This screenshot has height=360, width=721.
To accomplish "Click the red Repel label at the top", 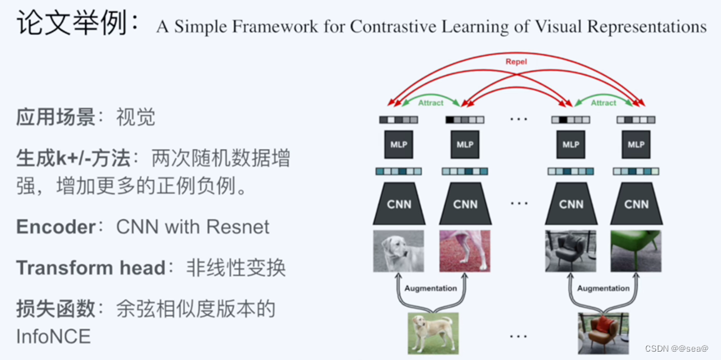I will [517, 62].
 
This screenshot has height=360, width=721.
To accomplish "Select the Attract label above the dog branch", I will [430, 102].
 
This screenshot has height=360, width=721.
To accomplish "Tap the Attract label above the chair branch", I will [603, 102].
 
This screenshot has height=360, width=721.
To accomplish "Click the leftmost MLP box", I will [398, 145].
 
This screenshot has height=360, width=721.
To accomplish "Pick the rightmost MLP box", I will [636, 145].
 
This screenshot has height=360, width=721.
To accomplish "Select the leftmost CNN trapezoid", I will [398, 204].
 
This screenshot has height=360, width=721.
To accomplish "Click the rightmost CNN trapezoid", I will [636, 204].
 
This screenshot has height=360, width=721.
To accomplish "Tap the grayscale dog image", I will [398, 250].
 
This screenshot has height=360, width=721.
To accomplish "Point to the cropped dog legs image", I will [464, 250].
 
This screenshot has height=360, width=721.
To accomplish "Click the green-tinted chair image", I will [636, 250].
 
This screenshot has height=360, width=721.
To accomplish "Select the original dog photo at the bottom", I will [432, 333].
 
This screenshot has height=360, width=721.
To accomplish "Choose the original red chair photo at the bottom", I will [603, 333].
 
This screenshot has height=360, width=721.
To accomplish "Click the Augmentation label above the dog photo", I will [431, 288].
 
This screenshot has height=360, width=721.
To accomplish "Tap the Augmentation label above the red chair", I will [603, 288].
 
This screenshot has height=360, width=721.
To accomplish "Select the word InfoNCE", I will [53, 336].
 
